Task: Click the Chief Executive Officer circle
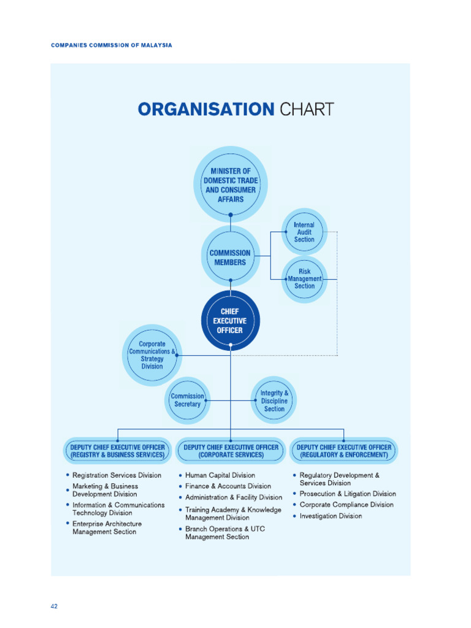(231, 321)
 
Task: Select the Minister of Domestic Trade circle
(231, 185)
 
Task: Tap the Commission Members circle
(231, 258)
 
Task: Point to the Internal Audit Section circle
(304, 232)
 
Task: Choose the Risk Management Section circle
(304, 278)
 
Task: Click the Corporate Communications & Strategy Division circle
(151, 355)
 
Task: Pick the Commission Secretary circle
(187, 400)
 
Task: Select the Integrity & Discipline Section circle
(274, 400)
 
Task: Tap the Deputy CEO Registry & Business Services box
(117, 451)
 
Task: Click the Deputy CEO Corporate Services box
(231, 451)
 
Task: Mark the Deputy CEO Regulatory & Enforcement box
(343, 451)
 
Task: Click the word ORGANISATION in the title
(205, 110)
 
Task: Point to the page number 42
(54, 607)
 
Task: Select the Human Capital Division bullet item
(220, 475)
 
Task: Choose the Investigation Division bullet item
(331, 516)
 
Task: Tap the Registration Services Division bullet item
(117, 475)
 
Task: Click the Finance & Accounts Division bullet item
(228, 486)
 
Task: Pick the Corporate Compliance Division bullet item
(347, 505)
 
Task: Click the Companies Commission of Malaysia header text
(111, 45)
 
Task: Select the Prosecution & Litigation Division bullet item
(348, 494)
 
